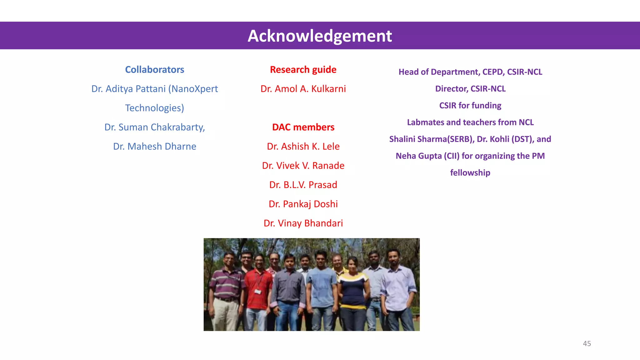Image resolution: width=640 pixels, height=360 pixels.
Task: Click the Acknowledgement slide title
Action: (x=320, y=36)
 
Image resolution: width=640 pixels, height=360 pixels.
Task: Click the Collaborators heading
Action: (x=154, y=69)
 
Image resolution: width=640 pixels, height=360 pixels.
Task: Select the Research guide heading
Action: (x=303, y=69)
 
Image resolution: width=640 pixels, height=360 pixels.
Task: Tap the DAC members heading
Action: (x=303, y=127)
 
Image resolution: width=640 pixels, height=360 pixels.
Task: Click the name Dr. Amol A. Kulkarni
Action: (x=303, y=89)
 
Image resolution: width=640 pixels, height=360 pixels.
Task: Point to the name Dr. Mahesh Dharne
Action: (x=154, y=146)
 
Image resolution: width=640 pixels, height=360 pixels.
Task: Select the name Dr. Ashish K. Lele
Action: (x=303, y=146)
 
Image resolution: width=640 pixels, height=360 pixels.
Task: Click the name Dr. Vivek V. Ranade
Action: (x=303, y=166)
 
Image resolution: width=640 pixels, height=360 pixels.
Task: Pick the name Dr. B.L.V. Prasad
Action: (x=303, y=185)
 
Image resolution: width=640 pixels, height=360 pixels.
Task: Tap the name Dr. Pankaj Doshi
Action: (x=303, y=204)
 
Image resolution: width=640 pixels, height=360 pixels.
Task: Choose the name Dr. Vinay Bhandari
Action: (x=303, y=223)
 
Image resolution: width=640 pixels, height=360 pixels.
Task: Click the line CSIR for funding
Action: (x=470, y=106)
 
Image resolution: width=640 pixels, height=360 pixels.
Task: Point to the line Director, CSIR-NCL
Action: (x=470, y=89)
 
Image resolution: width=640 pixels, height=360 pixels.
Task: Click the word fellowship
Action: (x=470, y=173)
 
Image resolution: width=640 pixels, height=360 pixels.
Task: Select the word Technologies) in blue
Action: (x=154, y=108)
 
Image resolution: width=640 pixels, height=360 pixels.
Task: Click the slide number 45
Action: (x=587, y=343)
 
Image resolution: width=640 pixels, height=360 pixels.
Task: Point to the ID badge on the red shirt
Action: (x=258, y=292)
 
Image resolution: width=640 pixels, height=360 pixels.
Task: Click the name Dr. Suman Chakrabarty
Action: (x=154, y=127)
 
